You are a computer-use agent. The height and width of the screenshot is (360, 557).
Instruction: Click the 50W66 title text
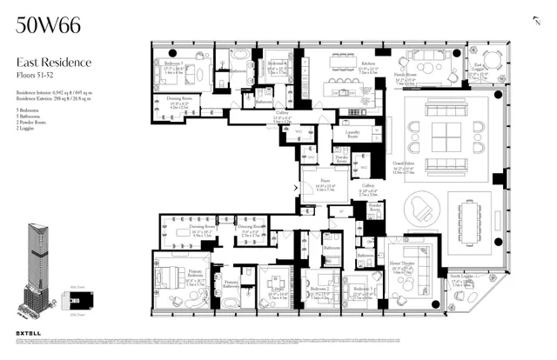[49, 25]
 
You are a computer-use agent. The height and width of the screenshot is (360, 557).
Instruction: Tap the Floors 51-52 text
[36, 73]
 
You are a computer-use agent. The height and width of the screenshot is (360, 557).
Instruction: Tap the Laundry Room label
[352, 135]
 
